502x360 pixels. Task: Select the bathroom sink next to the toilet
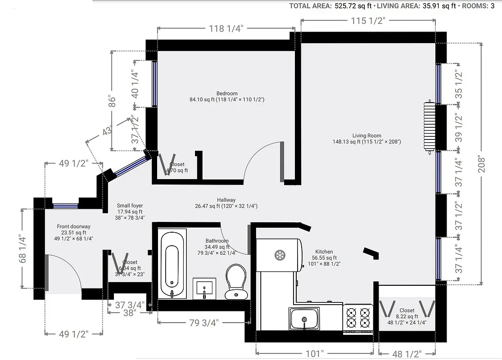click(204, 288)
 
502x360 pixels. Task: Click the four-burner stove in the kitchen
click(358, 317)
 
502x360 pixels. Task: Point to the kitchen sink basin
click(304, 319)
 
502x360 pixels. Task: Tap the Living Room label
click(366, 135)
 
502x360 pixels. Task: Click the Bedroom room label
click(227, 94)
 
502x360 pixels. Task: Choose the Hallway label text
click(226, 200)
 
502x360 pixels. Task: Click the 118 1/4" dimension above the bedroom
click(226, 29)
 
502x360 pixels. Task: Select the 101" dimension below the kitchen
click(314, 354)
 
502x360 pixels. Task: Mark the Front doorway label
click(73, 226)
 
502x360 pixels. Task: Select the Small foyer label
click(130, 206)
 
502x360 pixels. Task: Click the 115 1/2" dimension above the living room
click(368, 21)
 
